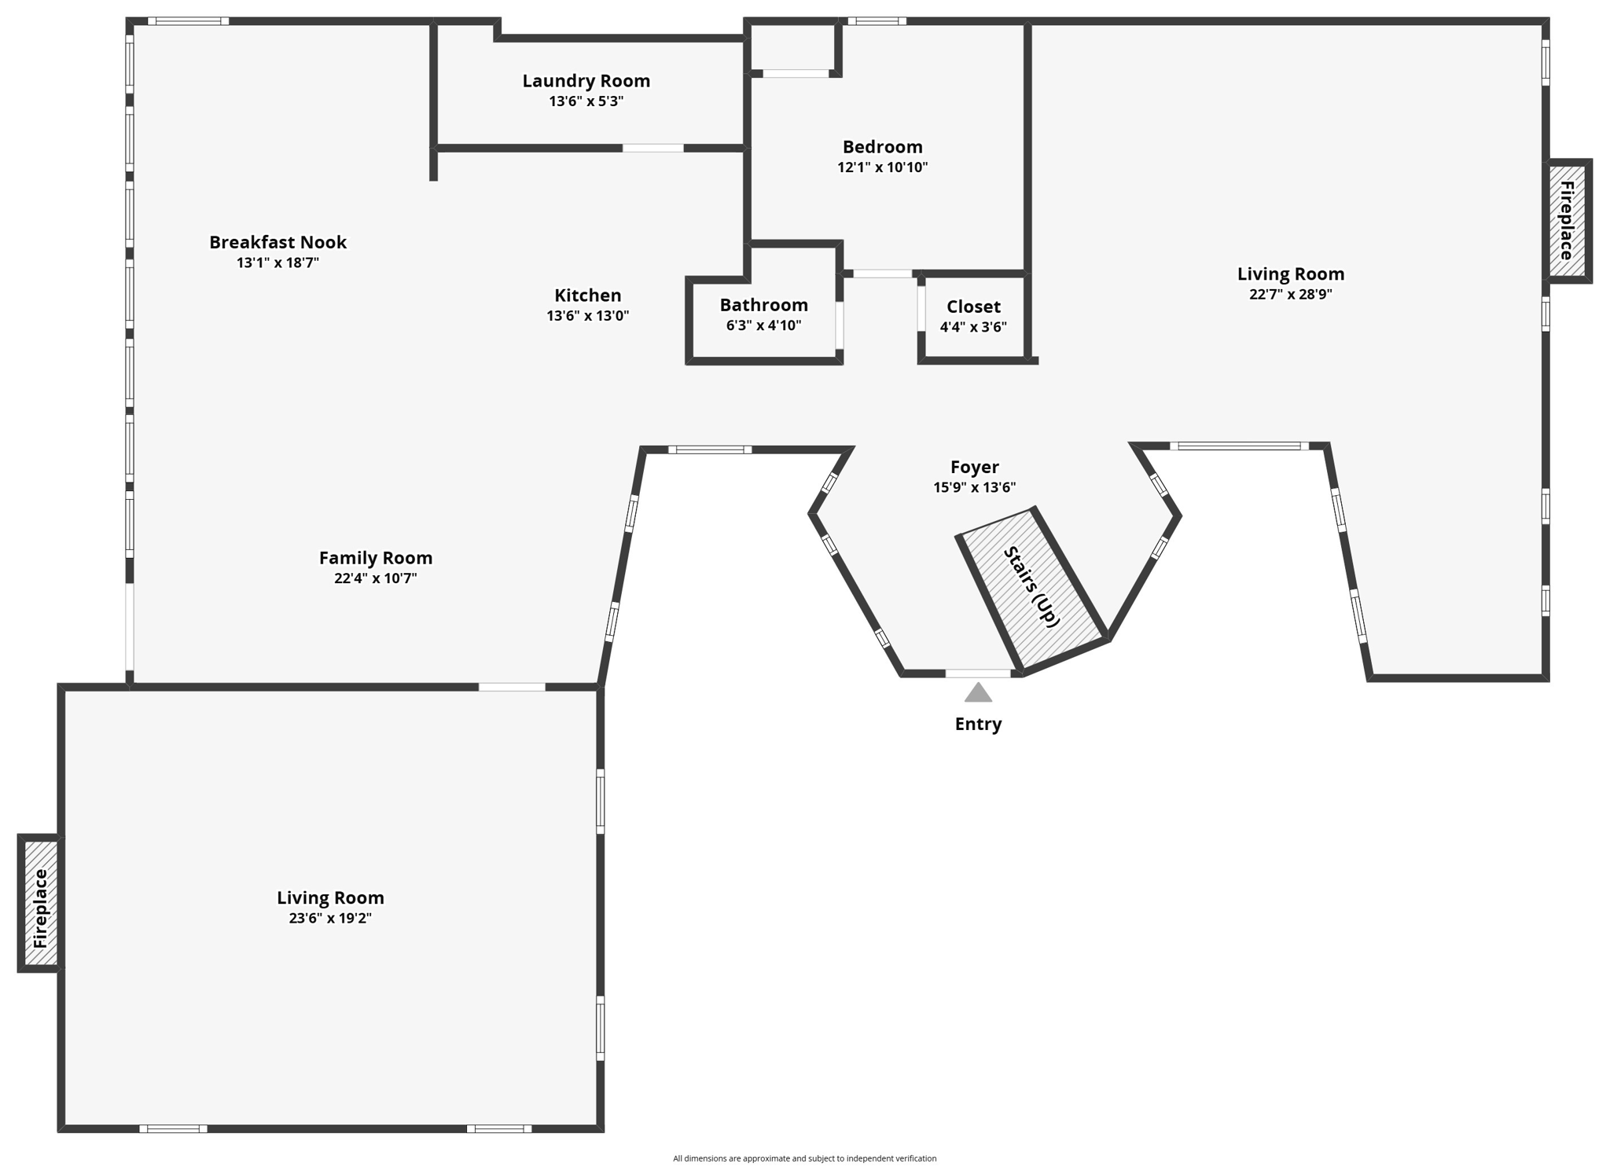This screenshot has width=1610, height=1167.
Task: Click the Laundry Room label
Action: pyautogui.click(x=586, y=80)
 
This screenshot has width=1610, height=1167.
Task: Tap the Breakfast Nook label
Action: pyautogui.click(x=278, y=242)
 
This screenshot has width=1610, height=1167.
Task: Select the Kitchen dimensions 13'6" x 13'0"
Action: pyautogui.click(x=587, y=316)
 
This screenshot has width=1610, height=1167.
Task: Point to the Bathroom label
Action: pyautogui.click(x=763, y=305)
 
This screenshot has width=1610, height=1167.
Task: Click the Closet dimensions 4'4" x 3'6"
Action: pyautogui.click(x=973, y=327)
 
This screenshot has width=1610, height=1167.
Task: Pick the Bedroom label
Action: pyautogui.click(x=882, y=147)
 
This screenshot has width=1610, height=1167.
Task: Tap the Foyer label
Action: pyautogui.click(x=974, y=468)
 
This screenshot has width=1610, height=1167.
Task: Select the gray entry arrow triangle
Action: pyautogui.click(x=978, y=692)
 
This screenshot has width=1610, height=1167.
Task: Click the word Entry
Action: pyautogui.click(x=978, y=724)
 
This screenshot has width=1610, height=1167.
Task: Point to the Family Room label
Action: pyautogui.click(x=375, y=558)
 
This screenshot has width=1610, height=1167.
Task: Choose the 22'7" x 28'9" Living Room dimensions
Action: pyautogui.click(x=1290, y=295)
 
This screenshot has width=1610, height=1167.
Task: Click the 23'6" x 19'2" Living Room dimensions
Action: pyautogui.click(x=330, y=918)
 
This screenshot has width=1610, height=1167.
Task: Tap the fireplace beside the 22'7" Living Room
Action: pyautogui.click(x=1566, y=221)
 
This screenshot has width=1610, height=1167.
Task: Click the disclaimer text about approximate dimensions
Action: pyautogui.click(x=804, y=1158)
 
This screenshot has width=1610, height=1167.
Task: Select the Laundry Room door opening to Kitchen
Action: pyautogui.click(x=652, y=148)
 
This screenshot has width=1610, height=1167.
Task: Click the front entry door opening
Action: pyautogui.click(x=978, y=673)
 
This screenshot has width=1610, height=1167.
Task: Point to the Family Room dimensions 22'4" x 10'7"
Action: pyautogui.click(x=375, y=578)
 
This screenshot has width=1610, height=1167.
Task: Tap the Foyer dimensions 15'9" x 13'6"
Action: pyautogui.click(x=974, y=487)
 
